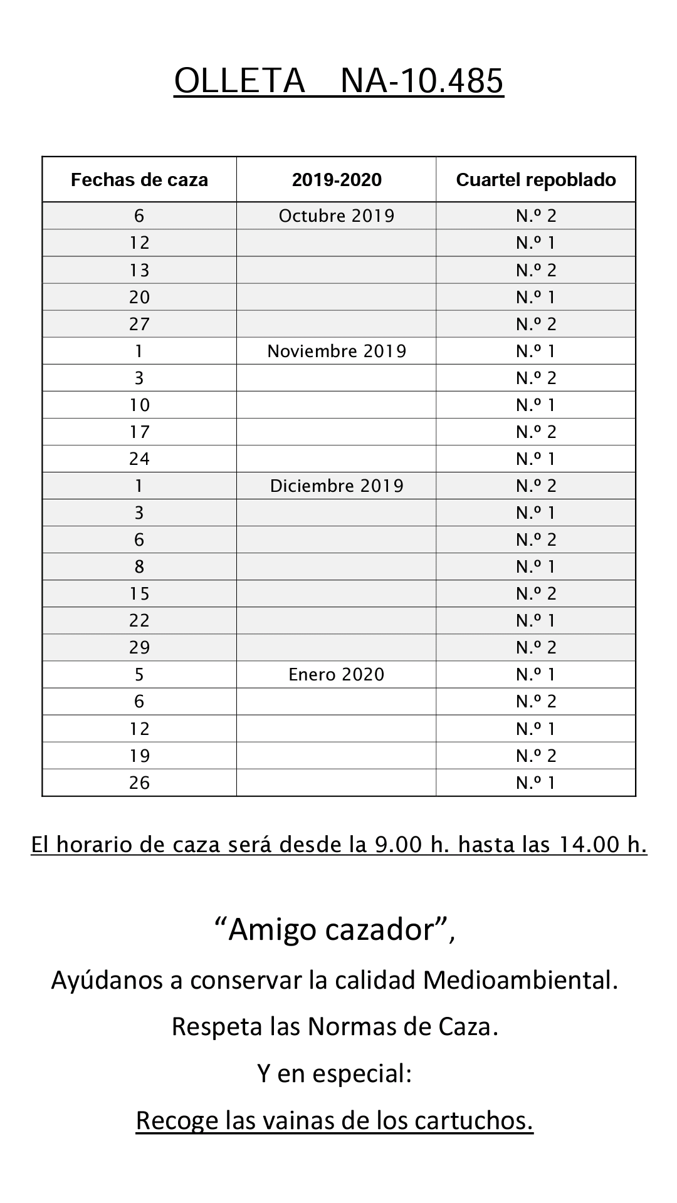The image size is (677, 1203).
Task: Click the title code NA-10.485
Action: [x=422, y=81]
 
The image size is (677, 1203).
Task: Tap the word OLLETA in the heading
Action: [x=239, y=81]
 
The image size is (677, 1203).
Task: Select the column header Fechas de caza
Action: [x=139, y=180]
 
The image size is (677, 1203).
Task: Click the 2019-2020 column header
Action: [x=337, y=180]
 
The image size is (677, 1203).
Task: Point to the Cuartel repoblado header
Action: [x=536, y=180]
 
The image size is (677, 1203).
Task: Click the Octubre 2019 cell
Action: [x=337, y=216]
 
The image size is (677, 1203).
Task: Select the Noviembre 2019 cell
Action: [x=337, y=351]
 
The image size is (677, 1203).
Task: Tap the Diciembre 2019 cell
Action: [x=337, y=486]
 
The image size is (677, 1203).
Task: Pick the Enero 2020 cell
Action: [x=337, y=674]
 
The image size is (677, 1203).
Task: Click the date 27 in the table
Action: [x=139, y=324]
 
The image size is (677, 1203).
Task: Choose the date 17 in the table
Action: [x=139, y=432]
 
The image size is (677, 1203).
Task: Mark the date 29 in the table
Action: [x=139, y=647]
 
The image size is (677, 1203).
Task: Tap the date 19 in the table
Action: [x=139, y=756]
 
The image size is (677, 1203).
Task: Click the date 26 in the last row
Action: [x=139, y=783]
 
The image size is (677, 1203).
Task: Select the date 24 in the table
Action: [x=139, y=459]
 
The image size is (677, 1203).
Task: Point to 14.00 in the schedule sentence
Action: [x=587, y=845]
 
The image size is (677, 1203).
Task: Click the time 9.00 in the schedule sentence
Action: [x=399, y=845]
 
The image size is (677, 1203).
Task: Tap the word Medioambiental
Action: [x=520, y=980]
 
